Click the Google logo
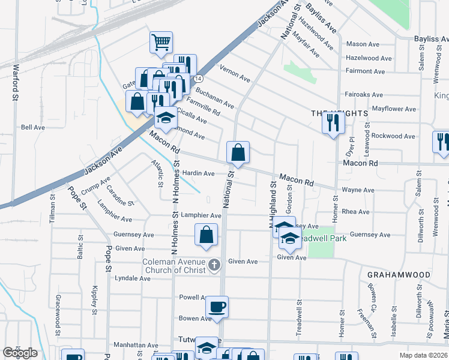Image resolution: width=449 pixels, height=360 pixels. click(x=20, y=353)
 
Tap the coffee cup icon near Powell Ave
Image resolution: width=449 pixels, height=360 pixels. click(x=217, y=307)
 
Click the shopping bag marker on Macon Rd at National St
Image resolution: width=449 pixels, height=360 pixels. click(x=238, y=153)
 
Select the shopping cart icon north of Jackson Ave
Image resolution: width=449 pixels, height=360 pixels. click(x=160, y=42)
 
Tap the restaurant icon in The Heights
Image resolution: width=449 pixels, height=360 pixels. click(x=332, y=123)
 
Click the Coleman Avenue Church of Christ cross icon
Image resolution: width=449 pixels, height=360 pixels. click(x=214, y=265)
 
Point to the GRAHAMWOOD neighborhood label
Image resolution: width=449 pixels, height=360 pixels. click(x=399, y=275)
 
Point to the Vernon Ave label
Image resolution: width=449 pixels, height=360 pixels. click(x=235, y=73)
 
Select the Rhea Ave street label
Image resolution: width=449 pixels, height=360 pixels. click(x=355, y=212)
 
